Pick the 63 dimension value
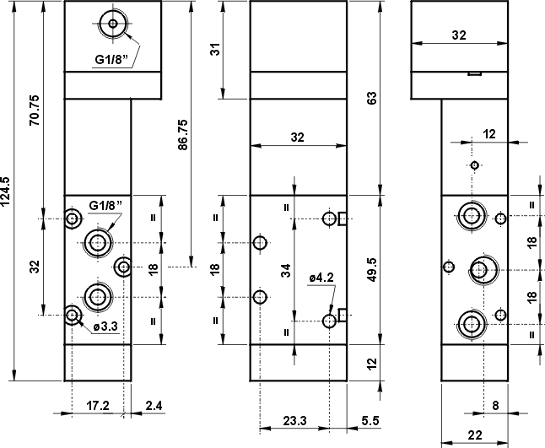(372, 97)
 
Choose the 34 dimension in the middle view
(286, 270)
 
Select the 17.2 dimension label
(99, 406)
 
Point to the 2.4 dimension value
(154, 406)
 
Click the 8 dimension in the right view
(495, 406)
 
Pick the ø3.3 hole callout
(104, 326)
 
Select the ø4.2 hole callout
(321, 276)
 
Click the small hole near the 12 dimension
(475, 165)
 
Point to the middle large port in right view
(480, 269)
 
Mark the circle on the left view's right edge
(124, 267)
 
